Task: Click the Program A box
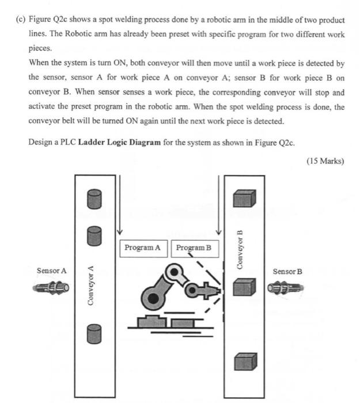142,248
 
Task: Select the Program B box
194,248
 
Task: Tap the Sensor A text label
52,270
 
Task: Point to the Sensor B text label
287,271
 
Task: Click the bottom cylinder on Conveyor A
94,333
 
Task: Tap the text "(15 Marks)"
325,161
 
